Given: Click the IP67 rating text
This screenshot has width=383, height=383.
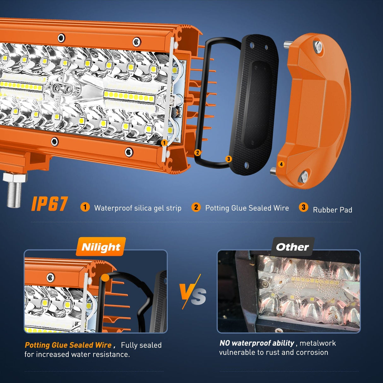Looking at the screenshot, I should (x=50, y=204).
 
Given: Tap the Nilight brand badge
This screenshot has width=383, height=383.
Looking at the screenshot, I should (x=101, y=247).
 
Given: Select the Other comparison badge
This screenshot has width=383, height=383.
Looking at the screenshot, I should (x=292, y=247).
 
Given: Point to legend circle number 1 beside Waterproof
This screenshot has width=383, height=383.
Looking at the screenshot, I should (x=85, y=207).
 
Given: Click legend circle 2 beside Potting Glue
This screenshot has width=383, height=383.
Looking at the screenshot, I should (x=196, y=207).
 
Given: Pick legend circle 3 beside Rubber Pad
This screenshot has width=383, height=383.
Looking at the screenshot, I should (x=303, y=207).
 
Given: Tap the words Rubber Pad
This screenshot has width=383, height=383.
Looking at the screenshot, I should (x=333, y=210).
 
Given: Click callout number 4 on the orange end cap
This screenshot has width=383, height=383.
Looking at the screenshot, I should (x=281, y=164).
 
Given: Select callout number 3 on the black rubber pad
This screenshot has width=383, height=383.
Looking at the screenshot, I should (x=229, y=159).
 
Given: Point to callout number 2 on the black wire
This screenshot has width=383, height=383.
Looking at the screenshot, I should (x=197, y=153).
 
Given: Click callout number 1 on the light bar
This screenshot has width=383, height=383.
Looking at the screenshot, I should (x=164, y=143).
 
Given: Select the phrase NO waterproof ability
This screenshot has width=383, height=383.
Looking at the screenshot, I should (x=257, y=343).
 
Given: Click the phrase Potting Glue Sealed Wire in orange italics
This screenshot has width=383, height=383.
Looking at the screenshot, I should (x=68, y=345).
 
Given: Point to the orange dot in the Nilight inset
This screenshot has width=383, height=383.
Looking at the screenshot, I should (x=105, y=278).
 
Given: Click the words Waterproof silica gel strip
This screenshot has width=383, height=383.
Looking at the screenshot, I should (x=138, y=208).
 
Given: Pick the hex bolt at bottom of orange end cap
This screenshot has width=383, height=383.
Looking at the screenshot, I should (x=304, y=176).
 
